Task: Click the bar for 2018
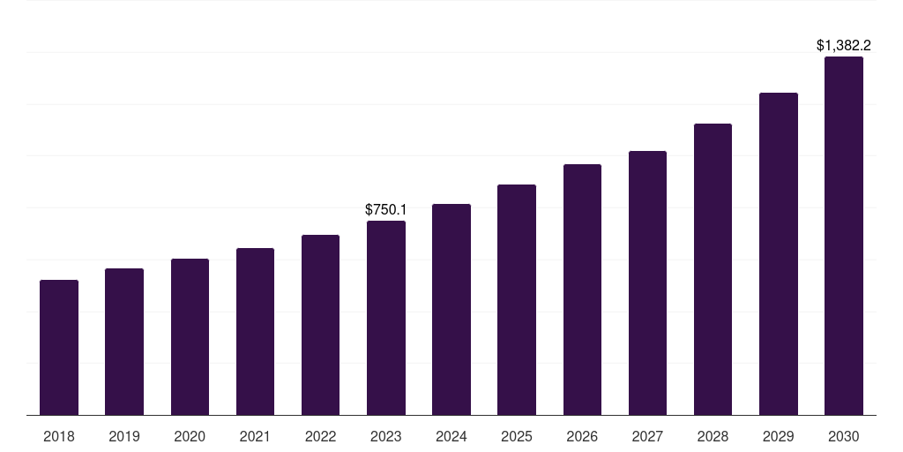[x=59, y=348]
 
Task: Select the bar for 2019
[x=124, y=342]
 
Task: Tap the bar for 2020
[x=190, y=337]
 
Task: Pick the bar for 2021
[x=255, y=332]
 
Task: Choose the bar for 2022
[x=320, y=325]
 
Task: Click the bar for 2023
[x=386, y=318]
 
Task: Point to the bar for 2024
[x=451, y=310]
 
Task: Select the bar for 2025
[x=517, y=300]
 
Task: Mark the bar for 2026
[x=582, y=290]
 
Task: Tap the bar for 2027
[x=647, y=283]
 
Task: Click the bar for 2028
[x=713, y=269]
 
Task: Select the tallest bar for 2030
[x=844, y=236]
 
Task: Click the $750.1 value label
[x=386, y=209]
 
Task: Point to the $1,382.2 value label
[x=844, y=45]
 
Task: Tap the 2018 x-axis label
[x=59, y=436]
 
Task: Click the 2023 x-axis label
[x=386, y=436]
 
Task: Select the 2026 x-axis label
[x=582, y=436]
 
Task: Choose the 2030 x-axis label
[x=844, y=436]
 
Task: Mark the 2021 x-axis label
[x=255, y=436]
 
